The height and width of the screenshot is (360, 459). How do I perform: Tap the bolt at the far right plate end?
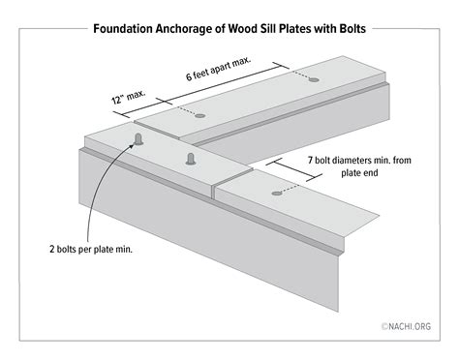[x=312, y=88]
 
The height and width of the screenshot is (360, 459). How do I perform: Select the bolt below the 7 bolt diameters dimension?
[x=277, y=194]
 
